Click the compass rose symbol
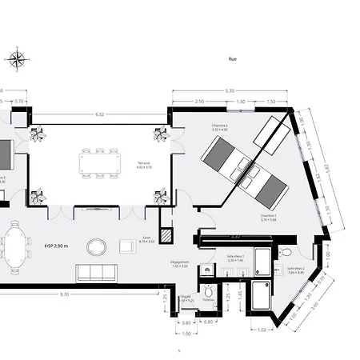point(17,58)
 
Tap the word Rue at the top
point(233,58)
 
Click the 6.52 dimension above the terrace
point(100,114)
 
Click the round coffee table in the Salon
point(96,246)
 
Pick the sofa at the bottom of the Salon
point(96,273)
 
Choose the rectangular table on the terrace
point(100,165)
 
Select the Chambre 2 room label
point(221,126)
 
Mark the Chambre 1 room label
point(268,216)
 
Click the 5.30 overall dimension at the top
point(230,90)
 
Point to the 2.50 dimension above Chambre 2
point(199,102)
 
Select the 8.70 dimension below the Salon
point(61,295)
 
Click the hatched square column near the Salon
point(166,237)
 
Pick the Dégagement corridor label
point(180,264)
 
